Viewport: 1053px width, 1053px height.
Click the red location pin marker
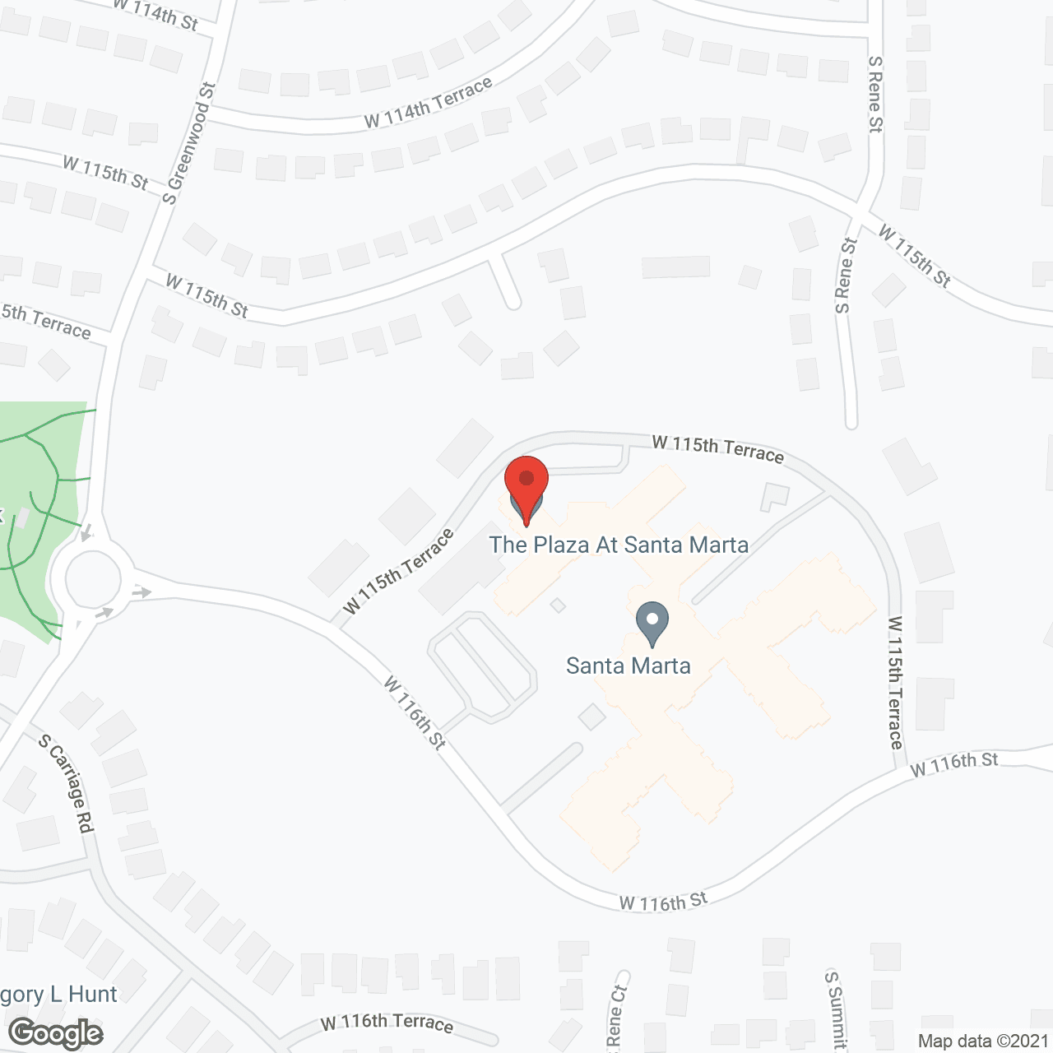pyautogui.click(x=526, y=485)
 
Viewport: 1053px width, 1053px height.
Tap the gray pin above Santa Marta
pyautogui.click(x=652, y=623)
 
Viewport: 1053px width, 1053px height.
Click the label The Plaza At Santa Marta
pyautogui.click(x=619, y=545)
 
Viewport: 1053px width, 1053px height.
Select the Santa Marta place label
pyautogui.click(x=629, y=666)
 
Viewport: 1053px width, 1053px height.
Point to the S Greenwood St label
pyautogui.click(x=188, y=143)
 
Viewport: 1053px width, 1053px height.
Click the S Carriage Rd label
pyautogui.click(x=66, y=784)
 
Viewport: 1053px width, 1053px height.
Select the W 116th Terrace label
pyautogui.click(x=387, y=1023)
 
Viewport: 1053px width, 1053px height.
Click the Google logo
pyautogui.click(x=57, y=1033)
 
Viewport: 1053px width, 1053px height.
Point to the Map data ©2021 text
pyautogui.click(x=983, y=1041)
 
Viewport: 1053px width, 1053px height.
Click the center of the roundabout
pyautogui.click(x=91, y=579)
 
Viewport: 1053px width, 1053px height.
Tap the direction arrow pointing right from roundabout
pyautogui.click(x=141, y=591)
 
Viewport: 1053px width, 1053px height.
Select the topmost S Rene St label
pyautogui.click(x=875, y=95)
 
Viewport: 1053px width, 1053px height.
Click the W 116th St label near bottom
pyautogui.click(x=663, y=902)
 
